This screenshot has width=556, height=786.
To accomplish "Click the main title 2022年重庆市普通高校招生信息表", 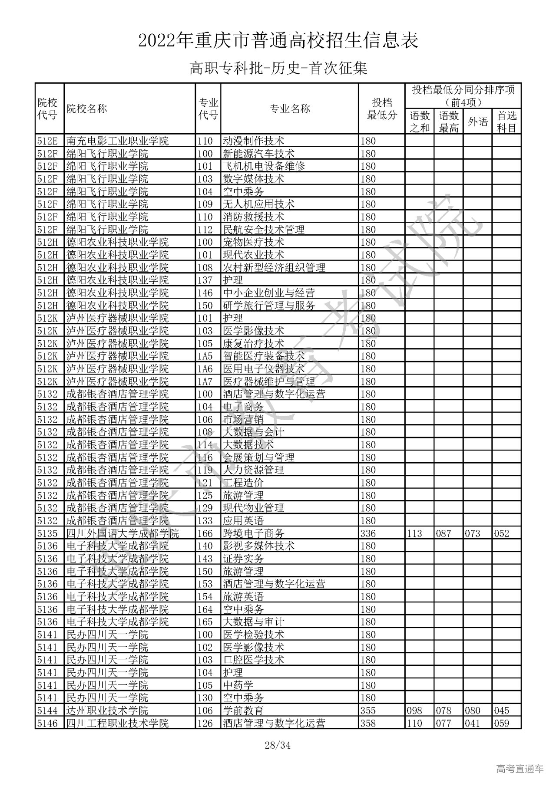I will [278, 41].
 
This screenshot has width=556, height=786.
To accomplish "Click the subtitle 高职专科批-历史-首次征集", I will [278, 69].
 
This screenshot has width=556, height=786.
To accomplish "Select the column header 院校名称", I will [86, 109].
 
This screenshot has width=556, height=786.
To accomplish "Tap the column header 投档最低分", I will [381, 109].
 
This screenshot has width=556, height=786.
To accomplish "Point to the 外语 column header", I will [477, 122].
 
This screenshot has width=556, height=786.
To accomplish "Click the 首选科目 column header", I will [506, 122].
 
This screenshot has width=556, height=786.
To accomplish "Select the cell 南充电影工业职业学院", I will [117, 141].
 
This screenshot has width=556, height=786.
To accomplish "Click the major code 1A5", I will [205, 356].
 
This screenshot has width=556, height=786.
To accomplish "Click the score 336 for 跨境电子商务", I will [368, 533].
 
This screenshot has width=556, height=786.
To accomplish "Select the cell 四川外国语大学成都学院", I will [122, 533].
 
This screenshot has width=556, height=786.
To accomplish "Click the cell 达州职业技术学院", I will [107, 710].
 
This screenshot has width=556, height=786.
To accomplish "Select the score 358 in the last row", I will [368, 723].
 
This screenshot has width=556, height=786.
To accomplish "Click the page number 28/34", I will [278, 746].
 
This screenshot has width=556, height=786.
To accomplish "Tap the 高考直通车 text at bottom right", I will [520, 769].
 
